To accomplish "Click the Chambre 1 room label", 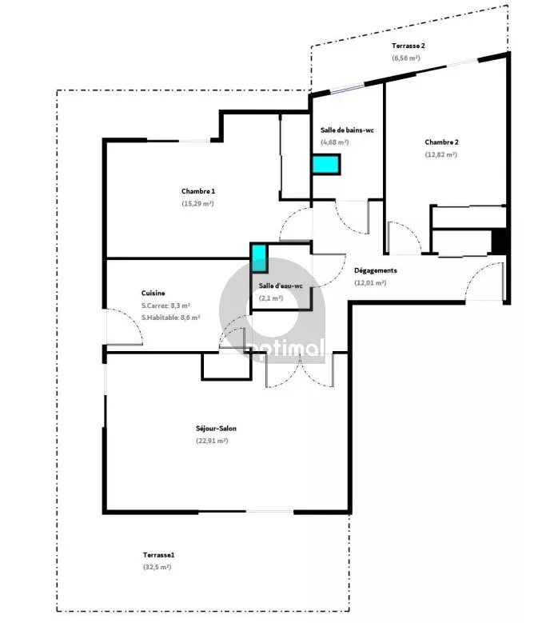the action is click(198, 191).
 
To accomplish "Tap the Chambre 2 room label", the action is click(441, 142).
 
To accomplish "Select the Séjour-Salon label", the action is click(216, 429).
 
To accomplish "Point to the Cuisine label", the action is click(153, 293).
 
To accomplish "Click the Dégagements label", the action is click(375, 270).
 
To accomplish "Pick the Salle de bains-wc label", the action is click(347, 130).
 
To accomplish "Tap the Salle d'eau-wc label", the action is click(281, 286).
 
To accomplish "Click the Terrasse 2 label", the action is click(409, 46).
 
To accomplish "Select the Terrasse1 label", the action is click(158, 555).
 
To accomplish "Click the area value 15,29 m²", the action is click(197, 203).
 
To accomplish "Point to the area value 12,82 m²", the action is click(440, 154).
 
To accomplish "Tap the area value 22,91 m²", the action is click(212, 441).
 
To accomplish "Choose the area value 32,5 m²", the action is click(157, 567).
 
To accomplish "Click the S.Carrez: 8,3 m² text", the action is click(165, 306).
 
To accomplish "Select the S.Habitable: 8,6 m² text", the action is click(170, 317).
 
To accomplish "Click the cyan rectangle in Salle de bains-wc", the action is click(326, 165).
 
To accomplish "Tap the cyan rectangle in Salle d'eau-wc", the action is click(259, 258).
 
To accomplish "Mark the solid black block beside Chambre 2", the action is click(499, 241).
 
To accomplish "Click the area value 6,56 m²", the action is click(406, 58).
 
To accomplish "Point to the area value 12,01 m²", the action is click(370, 283).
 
